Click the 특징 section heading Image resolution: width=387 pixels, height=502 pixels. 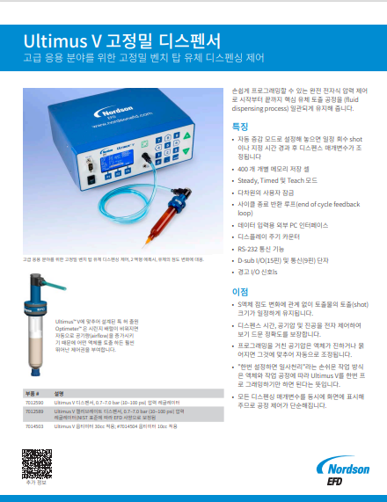[x=239, y=127]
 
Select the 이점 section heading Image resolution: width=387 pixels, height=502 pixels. [x=239, y=290]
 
